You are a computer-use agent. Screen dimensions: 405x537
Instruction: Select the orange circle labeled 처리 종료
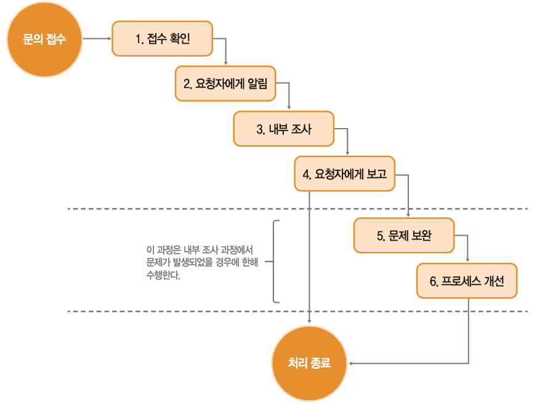pyautogui.click(x=309, y=363)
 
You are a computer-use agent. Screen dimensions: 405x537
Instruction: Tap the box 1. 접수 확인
pyautogui.click(x=163, y=39)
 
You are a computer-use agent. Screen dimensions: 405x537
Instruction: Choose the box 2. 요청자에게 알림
pyautogui.click(x=225, y=84)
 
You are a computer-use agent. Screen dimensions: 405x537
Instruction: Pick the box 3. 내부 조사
pyautogui.click(x=283, y=129)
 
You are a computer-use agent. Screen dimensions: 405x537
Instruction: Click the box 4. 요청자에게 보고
pyautogui.click(x=344, y=174)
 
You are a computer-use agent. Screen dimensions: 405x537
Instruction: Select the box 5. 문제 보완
pyautogui.click(x=404, y=235)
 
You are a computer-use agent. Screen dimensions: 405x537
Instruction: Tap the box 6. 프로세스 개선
pyautogui.click(x=467, y=281)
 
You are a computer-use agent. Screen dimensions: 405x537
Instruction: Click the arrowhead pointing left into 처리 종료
pyautogui.click(x=351, y=363)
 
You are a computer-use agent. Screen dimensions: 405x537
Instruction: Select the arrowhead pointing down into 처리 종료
pyautogui.click(x=309, y=321)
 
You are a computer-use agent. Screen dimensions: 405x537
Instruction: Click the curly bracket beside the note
pyautogui.click(x=275, y=261)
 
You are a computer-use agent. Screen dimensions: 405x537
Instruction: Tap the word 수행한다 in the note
pyautogui.click(x=163, y=275)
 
